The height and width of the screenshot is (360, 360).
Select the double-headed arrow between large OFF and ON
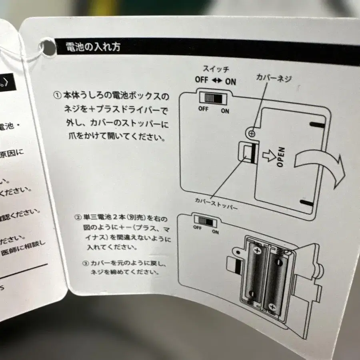216,80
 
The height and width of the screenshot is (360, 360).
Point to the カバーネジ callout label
274,78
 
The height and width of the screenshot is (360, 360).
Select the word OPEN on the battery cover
281,156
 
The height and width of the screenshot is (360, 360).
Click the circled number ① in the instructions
56,96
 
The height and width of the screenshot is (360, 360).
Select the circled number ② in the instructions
78,218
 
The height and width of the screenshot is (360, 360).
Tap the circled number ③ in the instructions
85,264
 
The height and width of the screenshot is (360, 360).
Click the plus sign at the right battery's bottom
272,307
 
